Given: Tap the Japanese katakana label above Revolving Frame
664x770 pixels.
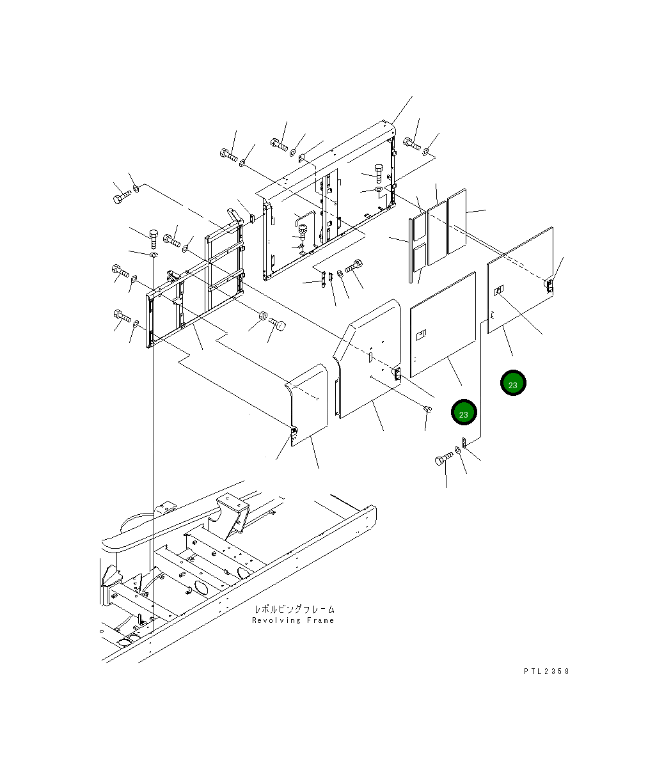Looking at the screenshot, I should pyautogui.click(x=294, y=609).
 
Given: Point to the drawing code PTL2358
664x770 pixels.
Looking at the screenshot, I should pyautogui.click(x=546, y=671).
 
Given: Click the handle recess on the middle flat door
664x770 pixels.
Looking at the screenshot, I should pyautogui.click(x=421, y=334).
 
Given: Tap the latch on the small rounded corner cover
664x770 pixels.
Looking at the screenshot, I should pyautogui.click(x=294, y=436).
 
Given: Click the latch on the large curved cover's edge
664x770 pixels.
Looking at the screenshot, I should pyautogui.click(x=397, y=374).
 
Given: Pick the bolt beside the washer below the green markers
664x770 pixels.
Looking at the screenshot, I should pyautogui.click(x=444, y=459).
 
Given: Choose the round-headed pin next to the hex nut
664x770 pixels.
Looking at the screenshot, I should pyautogui.click(x=278, y=323).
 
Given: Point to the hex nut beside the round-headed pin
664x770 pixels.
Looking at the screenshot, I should pyautogui.click(x=262, y=316).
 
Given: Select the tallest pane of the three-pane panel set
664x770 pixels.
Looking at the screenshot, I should pyautogui.click(x=457, y=221).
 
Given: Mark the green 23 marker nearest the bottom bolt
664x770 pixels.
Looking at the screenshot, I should pyautogui.click(x=464, y=413).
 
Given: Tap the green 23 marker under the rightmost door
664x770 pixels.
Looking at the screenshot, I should pyautogui.click(x=513, y=383).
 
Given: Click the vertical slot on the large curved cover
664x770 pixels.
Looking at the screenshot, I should pyautogui.click(x=370, y=353).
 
